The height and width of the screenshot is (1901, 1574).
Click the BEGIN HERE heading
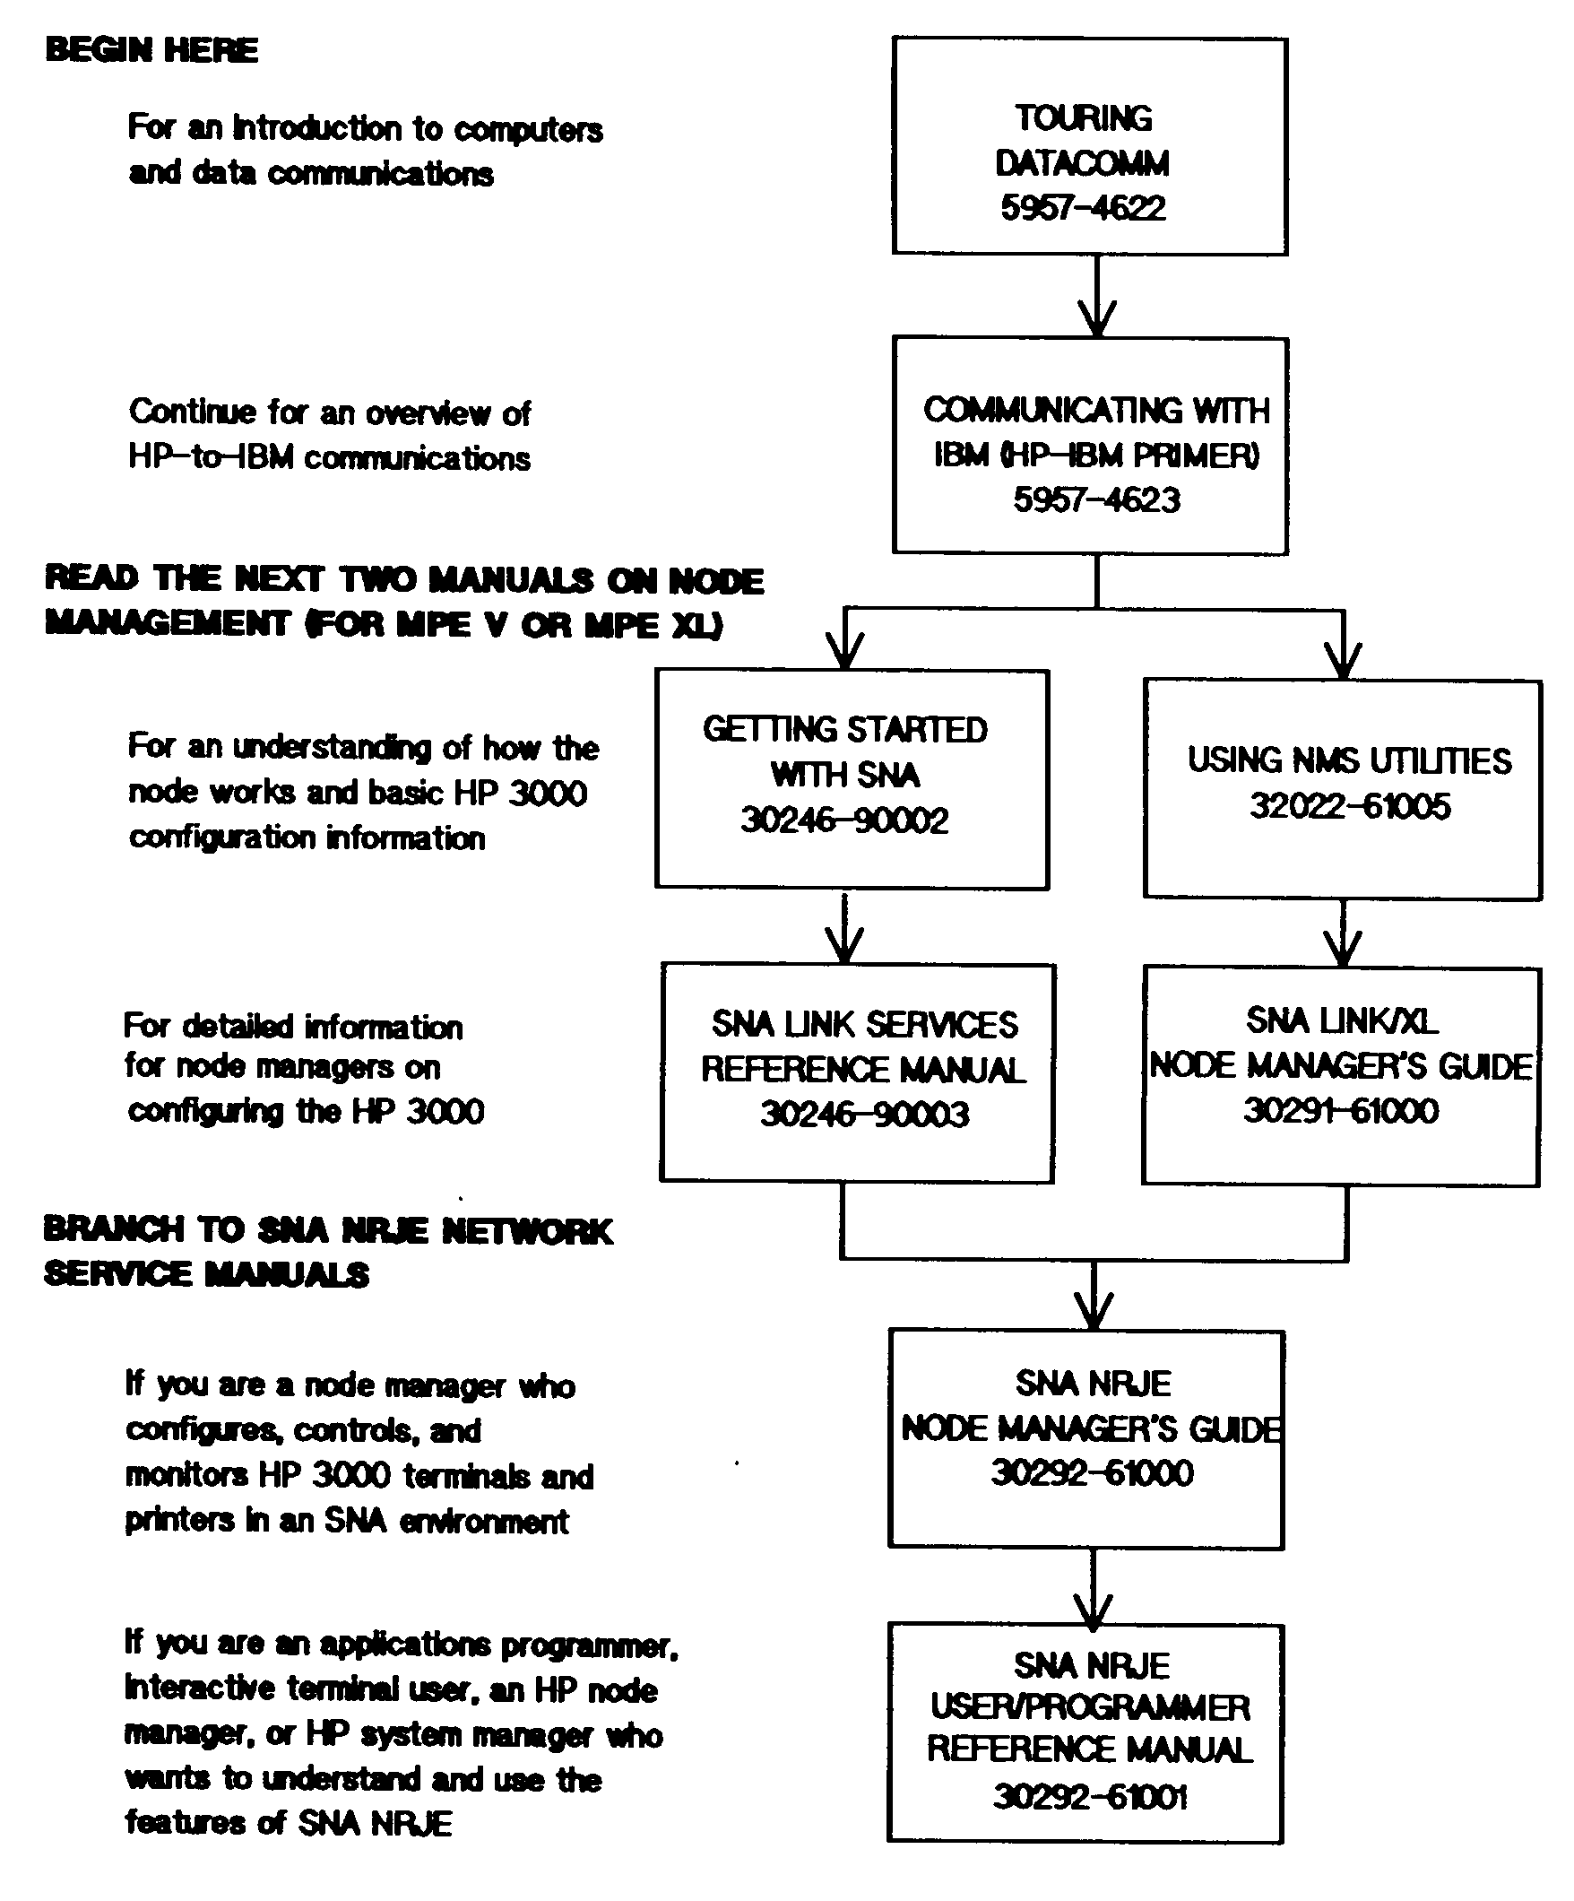point(151,50)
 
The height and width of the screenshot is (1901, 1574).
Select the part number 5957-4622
point(1083,208)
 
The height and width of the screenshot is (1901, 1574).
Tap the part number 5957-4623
point(1096,499)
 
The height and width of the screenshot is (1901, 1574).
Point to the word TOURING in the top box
point(1084,118)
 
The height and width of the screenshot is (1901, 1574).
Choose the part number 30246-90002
point(844,820)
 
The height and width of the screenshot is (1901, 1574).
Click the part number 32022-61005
point(1350,805)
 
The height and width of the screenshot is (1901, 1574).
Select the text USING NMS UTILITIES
point(1349,760)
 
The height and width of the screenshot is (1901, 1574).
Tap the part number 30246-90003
point(864,1114)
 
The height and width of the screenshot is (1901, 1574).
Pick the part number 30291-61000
point(1340,1110)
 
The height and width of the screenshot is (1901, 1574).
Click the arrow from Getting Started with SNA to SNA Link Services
point(844,928)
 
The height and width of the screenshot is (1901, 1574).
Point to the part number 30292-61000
point(1092,1472)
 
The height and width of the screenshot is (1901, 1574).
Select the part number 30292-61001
point(1090,1796)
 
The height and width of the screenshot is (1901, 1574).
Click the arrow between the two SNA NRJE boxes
point(1093,1586)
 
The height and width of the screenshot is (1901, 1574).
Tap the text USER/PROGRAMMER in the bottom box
point(1090,1707)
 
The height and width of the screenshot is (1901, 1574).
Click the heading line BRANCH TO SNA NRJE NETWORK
point(328,1230)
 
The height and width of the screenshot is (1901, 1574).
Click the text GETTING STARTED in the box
point(844,730)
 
